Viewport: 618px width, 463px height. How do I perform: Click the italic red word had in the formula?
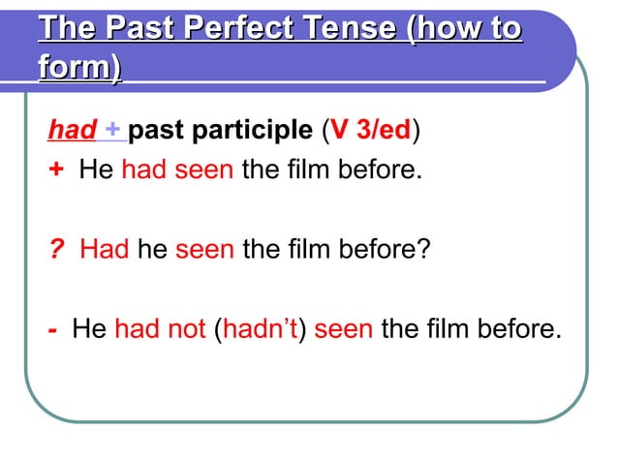coord(72,130)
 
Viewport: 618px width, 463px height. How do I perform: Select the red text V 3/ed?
coord(372,130)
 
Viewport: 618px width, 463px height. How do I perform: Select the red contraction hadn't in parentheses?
coord(263,328)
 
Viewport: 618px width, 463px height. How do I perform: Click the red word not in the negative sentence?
coord(187,328)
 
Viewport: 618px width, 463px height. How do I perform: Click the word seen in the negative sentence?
coord(344,328)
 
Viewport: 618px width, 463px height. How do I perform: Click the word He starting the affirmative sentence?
coord(96,171)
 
